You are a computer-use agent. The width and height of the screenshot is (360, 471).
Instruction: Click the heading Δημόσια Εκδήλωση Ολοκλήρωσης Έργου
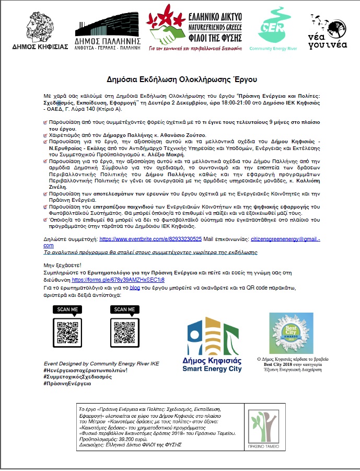click(x=180, y=79)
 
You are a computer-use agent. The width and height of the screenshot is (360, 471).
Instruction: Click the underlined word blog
click(x=135, y=288)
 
